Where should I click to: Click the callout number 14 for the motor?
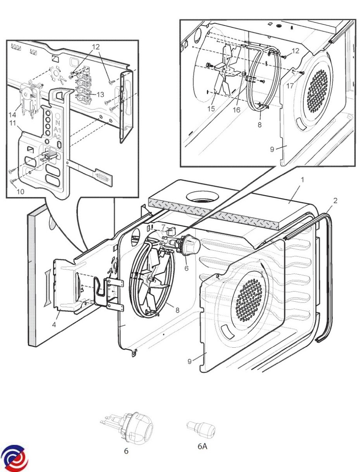tap(13, 114)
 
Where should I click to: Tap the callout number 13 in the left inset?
tap(100, 94)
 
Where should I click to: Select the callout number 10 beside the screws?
tap(20, 192)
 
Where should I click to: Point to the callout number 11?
tap(13, 123)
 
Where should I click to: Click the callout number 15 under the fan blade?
tap(211, 109)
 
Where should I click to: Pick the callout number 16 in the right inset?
tap(236, 110)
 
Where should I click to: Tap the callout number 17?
tap(290, 86)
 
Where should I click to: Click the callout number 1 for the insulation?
tap(303, 180)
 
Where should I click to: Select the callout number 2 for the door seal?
tap(335, 201)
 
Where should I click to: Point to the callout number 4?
tap(54, 325)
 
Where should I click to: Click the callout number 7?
tap(163, 227)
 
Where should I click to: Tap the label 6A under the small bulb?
tap(202, 446)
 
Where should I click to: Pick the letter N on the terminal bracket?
tap(57, 123)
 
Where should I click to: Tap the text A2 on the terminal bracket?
tap(57, 136)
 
